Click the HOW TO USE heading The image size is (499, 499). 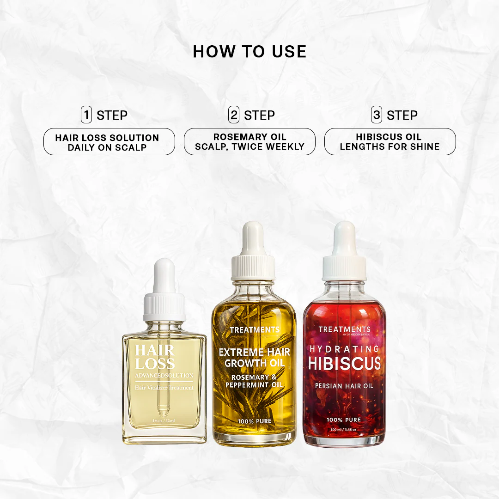249,51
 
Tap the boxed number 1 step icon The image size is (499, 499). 86,115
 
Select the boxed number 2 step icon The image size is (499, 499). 234,115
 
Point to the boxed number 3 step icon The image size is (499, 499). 377,115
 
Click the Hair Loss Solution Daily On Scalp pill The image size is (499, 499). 109,142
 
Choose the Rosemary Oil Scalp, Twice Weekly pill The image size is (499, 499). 249,142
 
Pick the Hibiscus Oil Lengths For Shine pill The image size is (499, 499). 390,142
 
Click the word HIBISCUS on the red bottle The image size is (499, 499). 344,364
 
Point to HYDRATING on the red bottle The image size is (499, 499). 344,349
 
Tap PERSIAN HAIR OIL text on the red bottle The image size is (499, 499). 344,385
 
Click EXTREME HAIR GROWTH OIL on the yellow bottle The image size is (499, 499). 254,358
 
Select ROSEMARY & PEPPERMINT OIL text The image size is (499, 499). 254,381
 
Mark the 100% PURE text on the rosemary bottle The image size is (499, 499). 254,421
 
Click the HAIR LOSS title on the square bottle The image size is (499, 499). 155,357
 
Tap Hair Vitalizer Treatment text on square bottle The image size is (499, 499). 164,388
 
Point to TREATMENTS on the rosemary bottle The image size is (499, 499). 254,330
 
